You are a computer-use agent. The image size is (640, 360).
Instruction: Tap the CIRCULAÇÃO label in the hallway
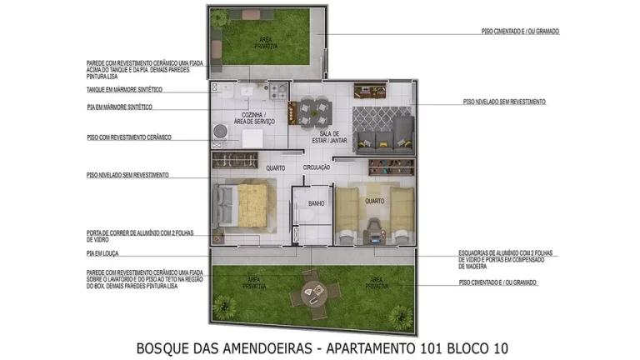317,167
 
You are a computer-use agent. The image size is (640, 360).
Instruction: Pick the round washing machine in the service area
222,132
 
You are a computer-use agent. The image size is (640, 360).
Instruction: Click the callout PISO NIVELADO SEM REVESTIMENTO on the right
504,102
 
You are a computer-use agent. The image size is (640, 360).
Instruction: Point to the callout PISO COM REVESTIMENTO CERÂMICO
128,137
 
